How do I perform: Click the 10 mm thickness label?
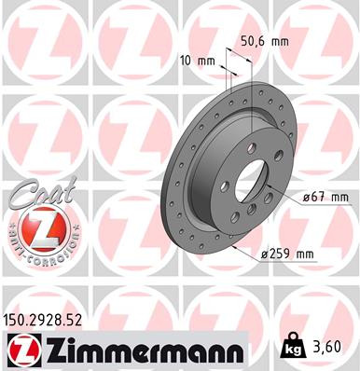tap(199, 62)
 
